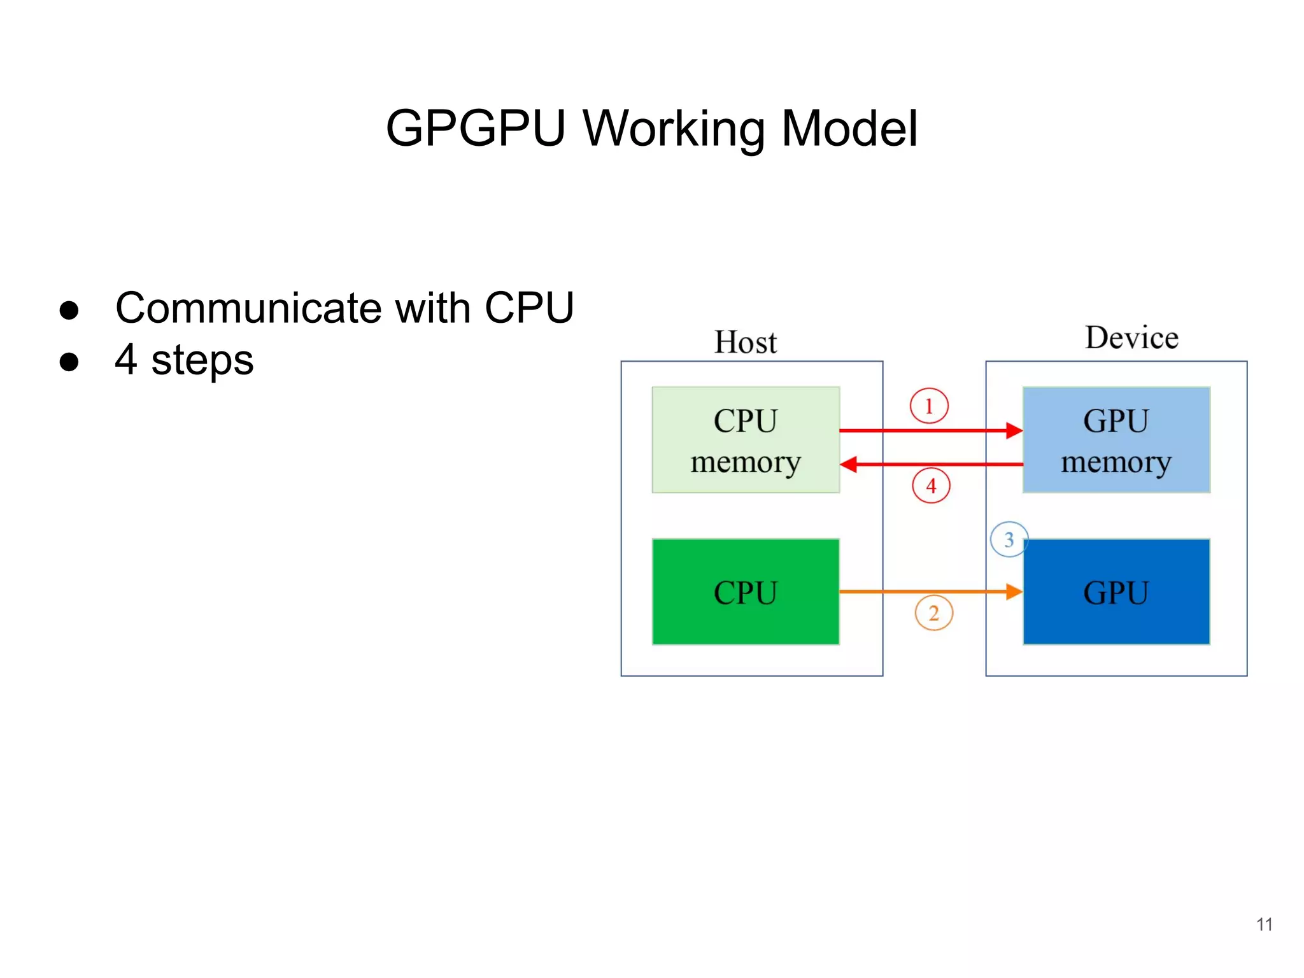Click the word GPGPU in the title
click(475, 129)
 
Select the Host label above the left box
click(745, 342)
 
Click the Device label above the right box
click(1131, 337)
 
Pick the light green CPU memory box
click(745, 440)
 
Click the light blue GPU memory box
click(1116, 440)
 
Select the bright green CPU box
click(745, 592)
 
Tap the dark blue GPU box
click(1116, 592)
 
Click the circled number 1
click(928, 406)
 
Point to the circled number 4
click(931, 486)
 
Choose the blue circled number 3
click(1009, 539)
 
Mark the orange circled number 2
click(933, 613)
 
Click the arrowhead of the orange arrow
click(1014, 592)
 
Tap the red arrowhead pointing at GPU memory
click(1014, 430)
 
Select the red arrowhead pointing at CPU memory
click(849, 464)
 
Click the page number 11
click(1264, 924)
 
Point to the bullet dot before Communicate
click(69, 310)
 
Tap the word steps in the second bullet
click(202, 360)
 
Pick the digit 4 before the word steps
click(125, 359)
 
